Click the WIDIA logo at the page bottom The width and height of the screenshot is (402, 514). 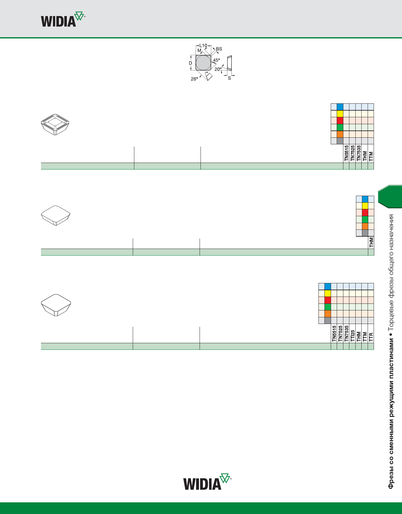(x=207, y=482)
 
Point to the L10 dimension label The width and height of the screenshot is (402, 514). (x=203, y=45)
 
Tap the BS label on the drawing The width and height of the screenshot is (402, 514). (x=219, y=49)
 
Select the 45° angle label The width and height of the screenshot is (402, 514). (x=217, y=60)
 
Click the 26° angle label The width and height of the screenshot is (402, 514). (x=194, y=79)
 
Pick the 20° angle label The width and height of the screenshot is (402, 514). (x=218, y=69)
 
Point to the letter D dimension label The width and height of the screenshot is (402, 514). (x=190, y=63)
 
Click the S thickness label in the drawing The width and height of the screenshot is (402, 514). (x=229, y=78)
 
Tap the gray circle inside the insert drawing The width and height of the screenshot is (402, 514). (x=203, y=63)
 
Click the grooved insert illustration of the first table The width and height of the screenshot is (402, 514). (x=55, y=124)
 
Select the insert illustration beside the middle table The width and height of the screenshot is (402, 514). (x=55, y=216)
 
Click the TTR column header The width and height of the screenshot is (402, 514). (x=371, y=337)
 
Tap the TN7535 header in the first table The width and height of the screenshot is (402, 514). (x=358, y=153)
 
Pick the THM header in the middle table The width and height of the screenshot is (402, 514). (x=371, y=242)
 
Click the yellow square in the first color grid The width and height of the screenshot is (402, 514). (x=340, y=114)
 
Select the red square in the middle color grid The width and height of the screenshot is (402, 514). (x=365, y=212)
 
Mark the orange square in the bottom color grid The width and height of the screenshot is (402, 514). (x=328, y=314)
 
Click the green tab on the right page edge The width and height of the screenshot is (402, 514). (x=390, y=196)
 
